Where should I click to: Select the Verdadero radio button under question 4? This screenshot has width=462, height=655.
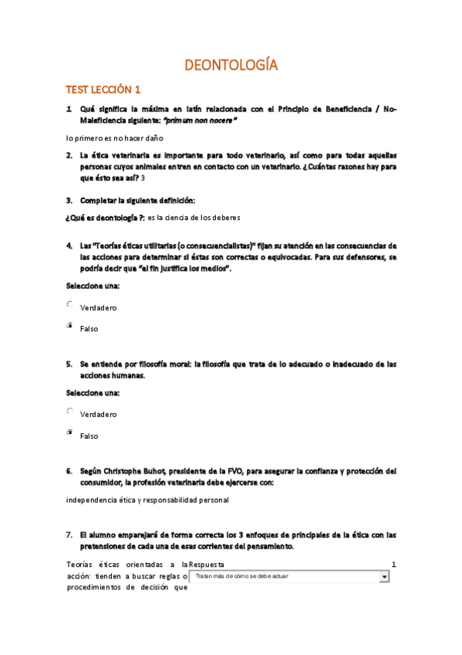(x=70, y=305)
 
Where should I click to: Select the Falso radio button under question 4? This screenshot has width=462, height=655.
(x=70, y=327)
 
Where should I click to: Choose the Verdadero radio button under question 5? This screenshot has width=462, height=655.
(x=70, y=412)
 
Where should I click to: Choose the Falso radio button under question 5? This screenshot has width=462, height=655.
(x=70, y=433)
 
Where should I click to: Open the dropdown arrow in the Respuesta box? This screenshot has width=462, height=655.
(x=384, y=576)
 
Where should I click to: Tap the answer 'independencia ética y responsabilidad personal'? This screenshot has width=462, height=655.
(x=147, y=500)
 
